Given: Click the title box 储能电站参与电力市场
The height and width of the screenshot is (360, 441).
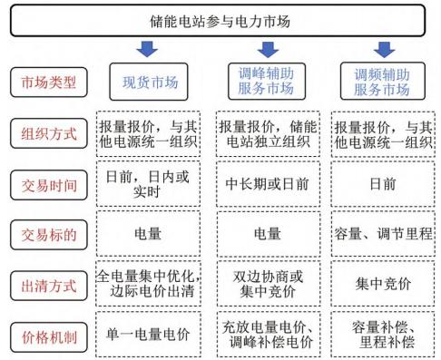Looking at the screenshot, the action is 220,18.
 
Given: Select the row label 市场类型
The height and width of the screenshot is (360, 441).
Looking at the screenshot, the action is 49,83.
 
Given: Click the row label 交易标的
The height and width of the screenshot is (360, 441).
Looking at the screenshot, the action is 49,233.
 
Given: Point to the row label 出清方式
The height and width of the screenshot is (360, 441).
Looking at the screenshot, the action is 49,283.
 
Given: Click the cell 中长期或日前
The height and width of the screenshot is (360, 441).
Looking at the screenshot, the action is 267,184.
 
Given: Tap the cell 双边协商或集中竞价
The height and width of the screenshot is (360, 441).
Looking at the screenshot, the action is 267,283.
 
